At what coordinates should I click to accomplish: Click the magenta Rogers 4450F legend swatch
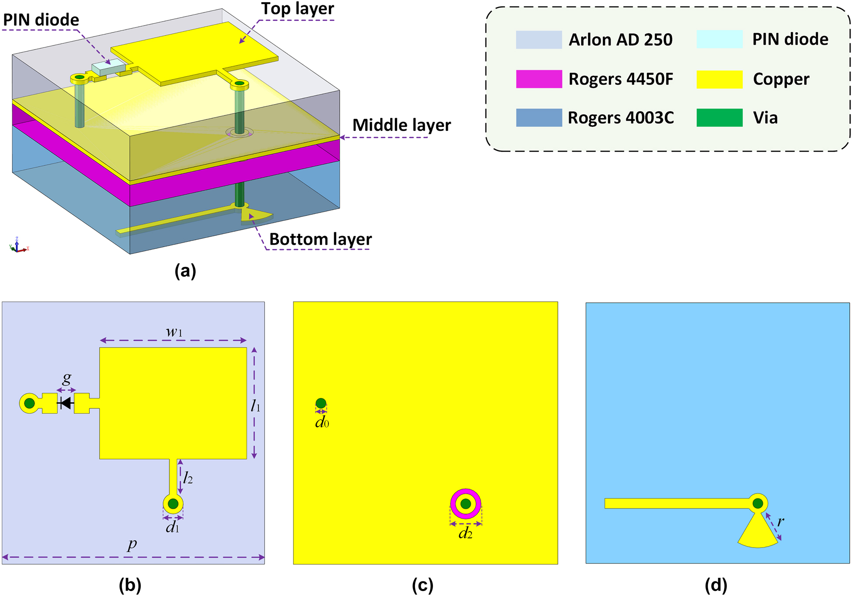(x=538, y=79)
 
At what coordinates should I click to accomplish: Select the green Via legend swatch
(x=719, y=118)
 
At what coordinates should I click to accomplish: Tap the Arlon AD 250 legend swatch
(x=538, y=40)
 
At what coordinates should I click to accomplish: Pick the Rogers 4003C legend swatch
(x=538, y=118)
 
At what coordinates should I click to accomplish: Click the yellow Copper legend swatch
(x=719, y=79)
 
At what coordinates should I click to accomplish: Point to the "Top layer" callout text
(x=297, y=9)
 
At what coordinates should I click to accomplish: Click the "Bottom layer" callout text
(x=320, y=239)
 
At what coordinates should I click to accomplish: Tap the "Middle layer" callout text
(x=402, y=125)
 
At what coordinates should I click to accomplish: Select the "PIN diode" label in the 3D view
(x=41, y=20)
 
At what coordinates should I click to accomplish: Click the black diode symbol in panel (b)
(x=66, y=403)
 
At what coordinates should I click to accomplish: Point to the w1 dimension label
(x=174, y=332)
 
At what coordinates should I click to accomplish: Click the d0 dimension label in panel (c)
(x=322, y=423)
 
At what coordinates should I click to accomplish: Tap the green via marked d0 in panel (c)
(x=321, y=403)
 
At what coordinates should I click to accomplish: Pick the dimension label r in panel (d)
(x=781, y=521)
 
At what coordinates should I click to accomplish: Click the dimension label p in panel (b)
(x=132, y=544)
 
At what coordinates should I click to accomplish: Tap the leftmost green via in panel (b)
(x=29, y=403)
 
